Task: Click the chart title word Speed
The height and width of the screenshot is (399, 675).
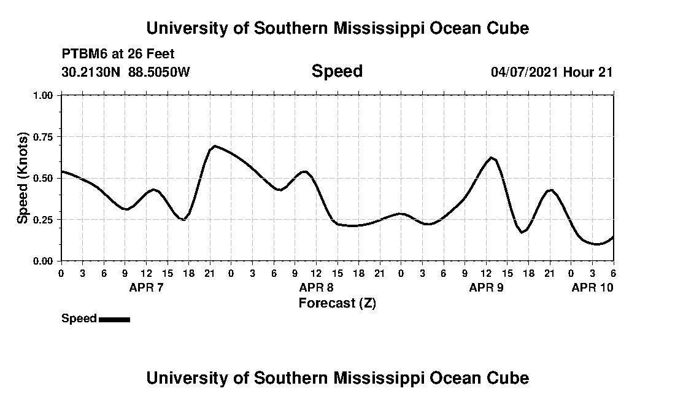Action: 337,71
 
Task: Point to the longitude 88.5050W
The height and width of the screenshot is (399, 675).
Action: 160,72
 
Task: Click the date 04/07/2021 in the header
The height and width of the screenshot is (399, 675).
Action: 525,72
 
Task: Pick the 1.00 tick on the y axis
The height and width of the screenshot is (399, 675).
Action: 47,95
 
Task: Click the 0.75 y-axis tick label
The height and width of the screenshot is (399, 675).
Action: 47,137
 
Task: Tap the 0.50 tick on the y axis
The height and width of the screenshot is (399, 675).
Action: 47,178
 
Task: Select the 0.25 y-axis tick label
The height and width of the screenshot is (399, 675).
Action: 47,220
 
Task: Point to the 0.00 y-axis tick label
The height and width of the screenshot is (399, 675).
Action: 47,261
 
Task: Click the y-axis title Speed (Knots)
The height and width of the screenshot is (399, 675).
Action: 23,178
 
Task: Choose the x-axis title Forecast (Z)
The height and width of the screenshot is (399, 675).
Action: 337,303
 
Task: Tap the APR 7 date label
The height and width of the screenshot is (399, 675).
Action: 146,287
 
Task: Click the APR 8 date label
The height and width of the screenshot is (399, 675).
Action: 316,287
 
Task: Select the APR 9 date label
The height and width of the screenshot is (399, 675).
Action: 486,287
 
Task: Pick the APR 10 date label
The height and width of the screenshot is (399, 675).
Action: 592,287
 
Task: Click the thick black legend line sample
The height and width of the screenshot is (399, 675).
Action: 114,319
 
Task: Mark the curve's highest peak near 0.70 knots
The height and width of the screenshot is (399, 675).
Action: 214,146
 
